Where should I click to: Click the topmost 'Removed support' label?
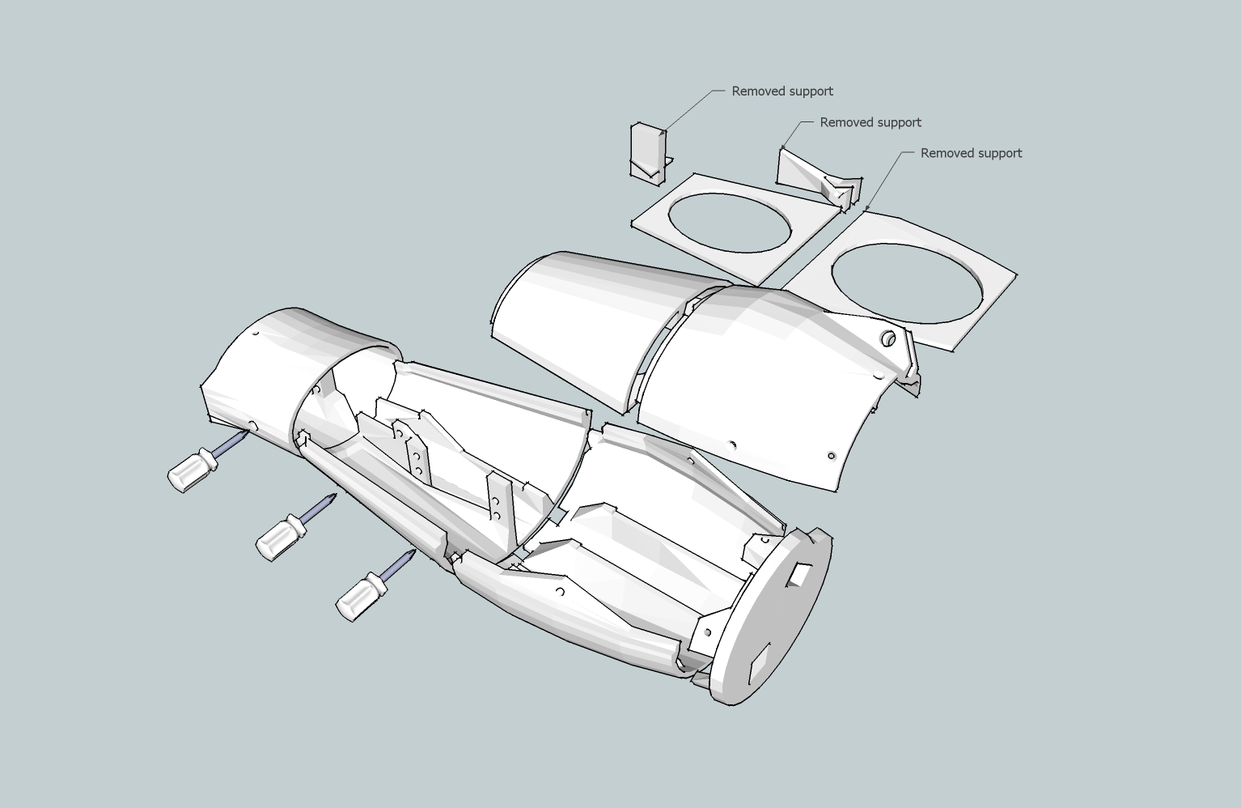point(781,91)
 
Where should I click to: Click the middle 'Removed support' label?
point(870,122)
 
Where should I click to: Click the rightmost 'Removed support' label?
point(971,153)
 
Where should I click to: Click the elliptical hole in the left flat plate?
point(729,223)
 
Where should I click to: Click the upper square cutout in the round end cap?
point(798,574)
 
